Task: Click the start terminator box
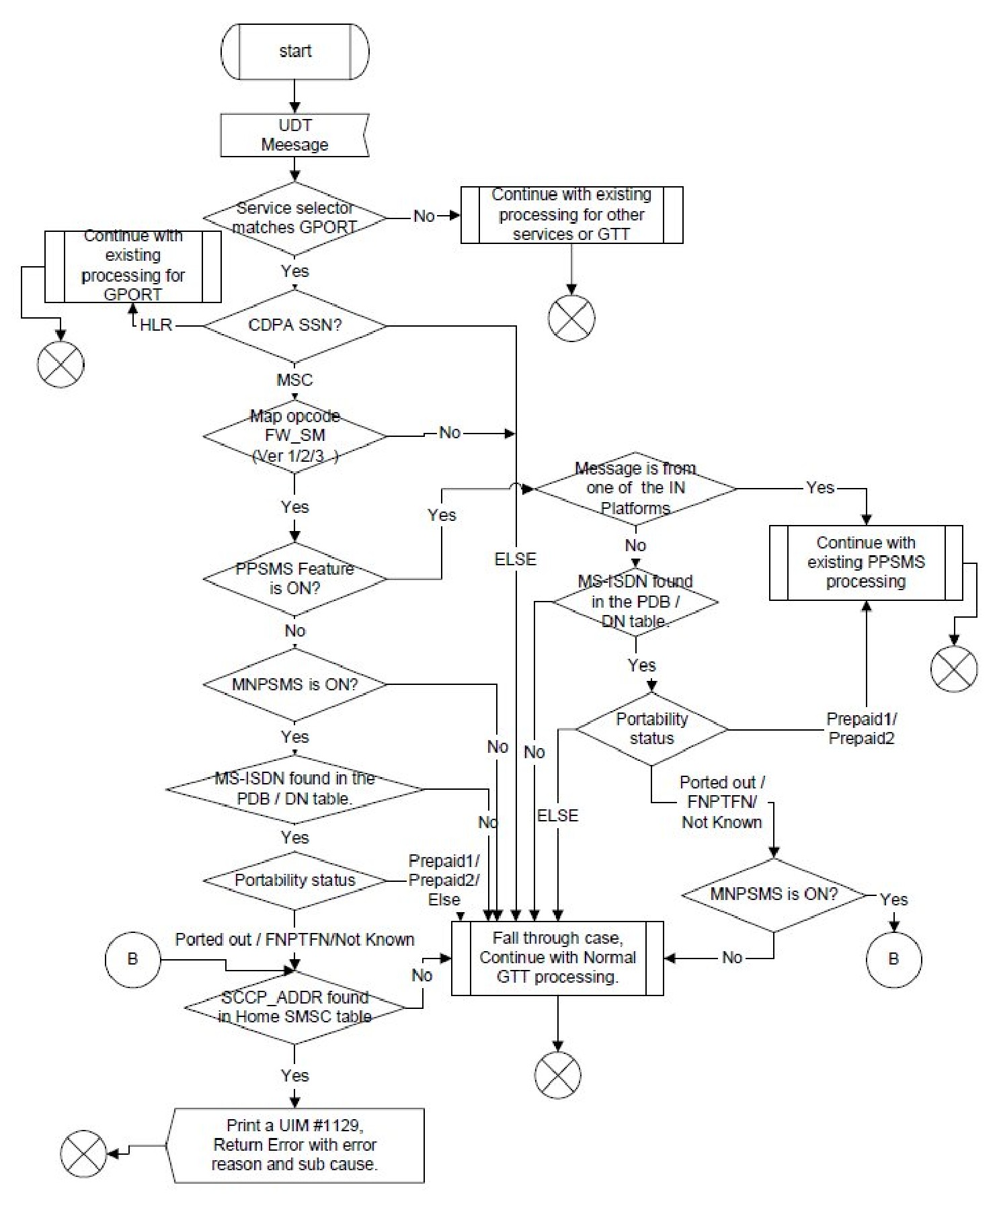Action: pyautogui.click(x=294, y=52)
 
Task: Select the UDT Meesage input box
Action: pyautogui.click(x=294, y=135)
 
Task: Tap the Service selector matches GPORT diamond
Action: pyautogui.click(x=294, y=218)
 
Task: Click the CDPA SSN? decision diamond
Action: pyautogui.click(x=294, y=325)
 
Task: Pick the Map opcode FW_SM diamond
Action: pyautogui.click(x=294, y=436)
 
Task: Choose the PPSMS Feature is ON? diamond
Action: pyautogui.click(x=294, y=578)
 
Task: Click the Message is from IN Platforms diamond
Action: pyautogui.click(x=635, y=488)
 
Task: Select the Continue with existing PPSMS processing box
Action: pyautogui.click(x=866, y=563)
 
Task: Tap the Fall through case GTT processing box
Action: pyautogui.click(x=557, y=958)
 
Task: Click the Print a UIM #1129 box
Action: pyautogui.click(x=294, y=1145)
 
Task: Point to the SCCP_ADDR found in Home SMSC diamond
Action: pyautogui.click(x=294, y=1007)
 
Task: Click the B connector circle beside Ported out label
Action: pyautogui.click(x=132, y=959)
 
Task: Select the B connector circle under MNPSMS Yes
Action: pyautogui.click(x=893, y=959)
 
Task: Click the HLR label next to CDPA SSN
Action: pyautogui.click(x=156, y=325)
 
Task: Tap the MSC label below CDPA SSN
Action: pyautogui.click(x=294, y=380)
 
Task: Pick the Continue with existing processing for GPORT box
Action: pyautogui.click(x=132, y=266)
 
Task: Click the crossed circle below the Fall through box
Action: pyautogui.click(x=557, y=1075)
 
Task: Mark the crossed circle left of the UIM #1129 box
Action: pyautogui.click(x=83, y=1153)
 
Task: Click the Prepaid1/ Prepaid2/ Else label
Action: pyautogui.click(x=444, y=880)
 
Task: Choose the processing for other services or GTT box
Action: pyautogui.click(x=571, y=215)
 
